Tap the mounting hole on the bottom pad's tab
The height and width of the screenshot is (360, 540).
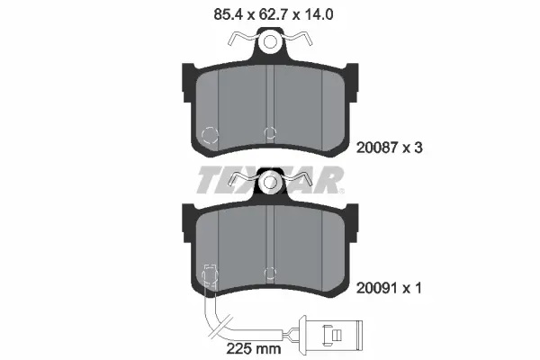[269, 184]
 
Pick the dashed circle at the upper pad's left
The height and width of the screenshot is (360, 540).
[209, 137]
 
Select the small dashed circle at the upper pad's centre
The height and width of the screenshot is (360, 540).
[269, 133]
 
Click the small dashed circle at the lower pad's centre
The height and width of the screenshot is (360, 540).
[269, 273]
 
